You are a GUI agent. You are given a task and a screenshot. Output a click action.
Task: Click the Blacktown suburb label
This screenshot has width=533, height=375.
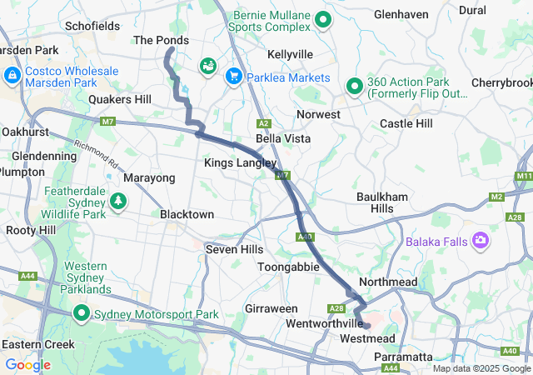click(187, 214)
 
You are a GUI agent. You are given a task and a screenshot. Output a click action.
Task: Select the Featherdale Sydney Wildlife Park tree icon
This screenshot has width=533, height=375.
click(119, 201)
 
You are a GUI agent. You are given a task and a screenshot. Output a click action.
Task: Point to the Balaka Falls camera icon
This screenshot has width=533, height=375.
click(480, 242)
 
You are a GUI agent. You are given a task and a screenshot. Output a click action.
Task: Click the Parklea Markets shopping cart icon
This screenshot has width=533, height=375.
click(234, 76)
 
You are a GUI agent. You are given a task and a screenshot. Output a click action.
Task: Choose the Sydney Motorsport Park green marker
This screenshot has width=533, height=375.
click(82, 314)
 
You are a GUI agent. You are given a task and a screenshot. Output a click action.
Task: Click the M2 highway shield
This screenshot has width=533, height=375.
click(498, 196)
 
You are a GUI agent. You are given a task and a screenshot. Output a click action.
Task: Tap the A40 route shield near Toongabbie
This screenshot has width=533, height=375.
click(303, 237)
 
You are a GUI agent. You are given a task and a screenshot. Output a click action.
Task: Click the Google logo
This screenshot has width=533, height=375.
click(27, 365)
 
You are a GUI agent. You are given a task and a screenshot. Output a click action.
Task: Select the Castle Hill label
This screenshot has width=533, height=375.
click(406, 123)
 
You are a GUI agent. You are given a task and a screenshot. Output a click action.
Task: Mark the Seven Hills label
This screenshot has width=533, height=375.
click(234, 249)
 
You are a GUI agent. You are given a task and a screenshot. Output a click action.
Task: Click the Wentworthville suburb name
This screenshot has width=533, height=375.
click(324, 322)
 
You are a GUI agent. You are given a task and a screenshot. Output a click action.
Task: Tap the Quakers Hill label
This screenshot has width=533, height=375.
click(120, 99)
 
